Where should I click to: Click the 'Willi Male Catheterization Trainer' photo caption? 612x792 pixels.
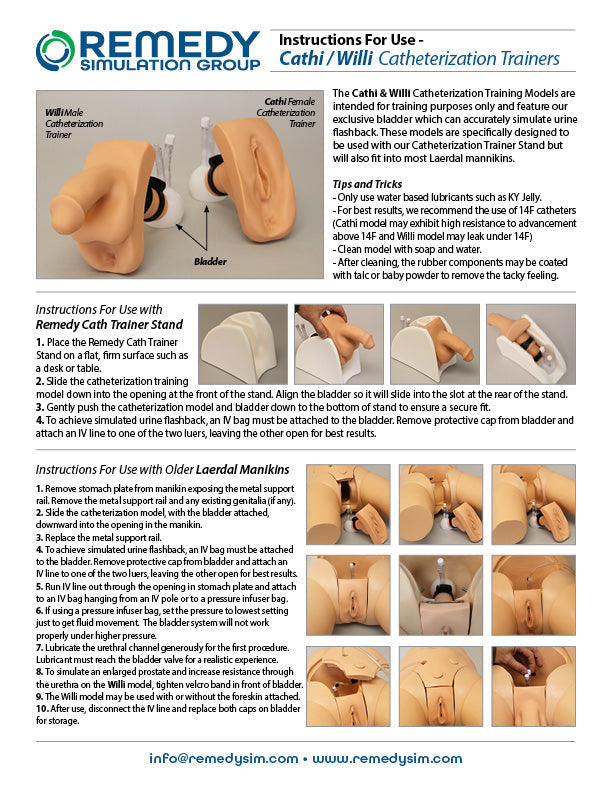pyautogui.click(x=69, y=128)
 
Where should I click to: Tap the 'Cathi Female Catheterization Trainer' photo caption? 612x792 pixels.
pyautogui.click(x=287, y=113)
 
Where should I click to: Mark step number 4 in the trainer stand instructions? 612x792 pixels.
pyautogui.click(x=39, y=421)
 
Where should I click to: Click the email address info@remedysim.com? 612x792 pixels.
pyautogui.click(x=224, y=759)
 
